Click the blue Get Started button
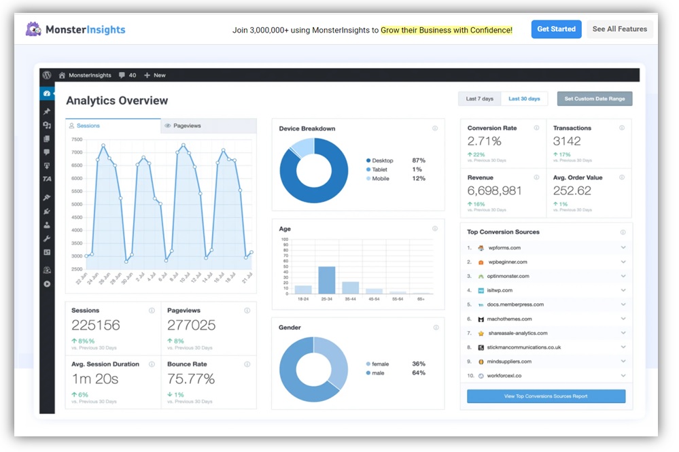[x=556, y=29]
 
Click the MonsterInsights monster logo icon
[x=33, y=29]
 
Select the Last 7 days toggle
[x=479, y=99]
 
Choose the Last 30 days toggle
[x=524, y=99]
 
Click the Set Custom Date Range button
[x=594, y=99]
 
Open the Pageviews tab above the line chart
[x=187, y=126]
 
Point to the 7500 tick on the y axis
[x=77, y=139]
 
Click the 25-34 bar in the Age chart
[x=327, y=280]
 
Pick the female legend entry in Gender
[x=380, y=364]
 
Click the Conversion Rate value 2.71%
[x=484, y=141]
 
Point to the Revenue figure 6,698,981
[x=494, y=191]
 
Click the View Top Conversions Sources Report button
[x=546, y=396]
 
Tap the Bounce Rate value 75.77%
[x=191, y=378]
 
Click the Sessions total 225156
[x=95, y=325]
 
